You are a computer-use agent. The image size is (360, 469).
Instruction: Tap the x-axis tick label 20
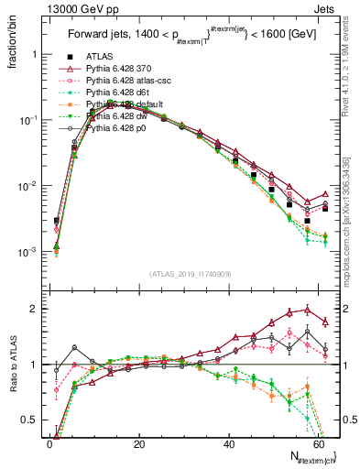138,444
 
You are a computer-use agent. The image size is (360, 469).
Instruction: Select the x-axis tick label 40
228,444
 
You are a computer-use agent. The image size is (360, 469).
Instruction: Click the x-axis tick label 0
49,444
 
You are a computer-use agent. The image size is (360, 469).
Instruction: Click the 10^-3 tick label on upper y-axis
27,252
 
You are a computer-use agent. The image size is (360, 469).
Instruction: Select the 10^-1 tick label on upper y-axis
27,120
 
